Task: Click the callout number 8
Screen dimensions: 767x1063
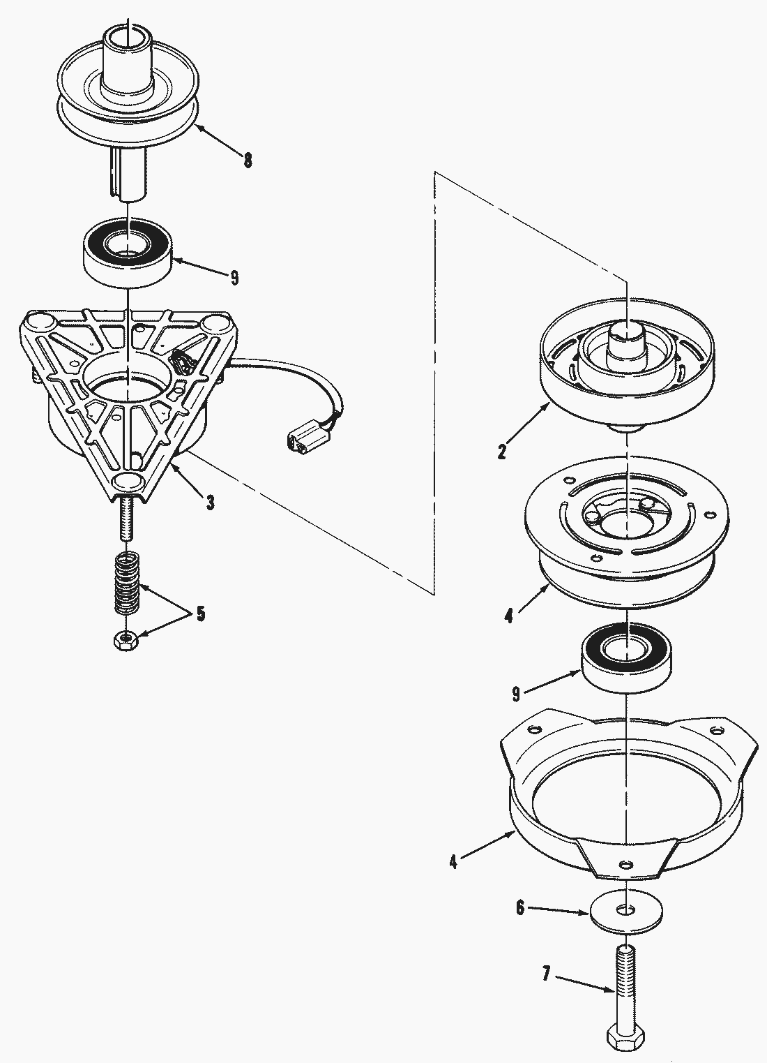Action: click(x=248, y=160)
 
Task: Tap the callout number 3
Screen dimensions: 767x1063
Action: click(x=210, y=502)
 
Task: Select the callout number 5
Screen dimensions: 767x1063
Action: click(x=201, y=614)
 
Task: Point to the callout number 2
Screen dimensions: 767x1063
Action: click(x=502, y=450)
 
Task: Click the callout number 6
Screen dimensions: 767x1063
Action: click(x=520, y=908)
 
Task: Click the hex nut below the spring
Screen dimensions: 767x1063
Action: click(x=126, y=642)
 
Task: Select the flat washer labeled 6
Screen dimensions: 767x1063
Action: click(x=626, y=912)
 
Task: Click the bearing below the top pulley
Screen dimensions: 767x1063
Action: click(x=128, y=252)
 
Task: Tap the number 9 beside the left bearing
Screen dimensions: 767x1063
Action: click(x=234, y=278)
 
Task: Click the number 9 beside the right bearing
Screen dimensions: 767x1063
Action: click(x=516, y=694)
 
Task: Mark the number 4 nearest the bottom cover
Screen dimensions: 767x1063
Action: click(x=454, y=861)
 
